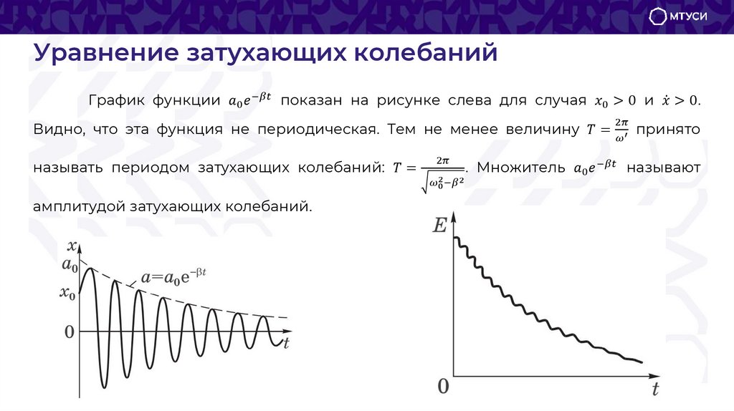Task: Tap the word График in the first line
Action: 115,100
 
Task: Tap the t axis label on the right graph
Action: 654,390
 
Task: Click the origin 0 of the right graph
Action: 443,387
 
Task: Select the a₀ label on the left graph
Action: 70,266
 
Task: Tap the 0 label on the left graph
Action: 69,332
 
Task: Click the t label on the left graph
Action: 285,343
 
